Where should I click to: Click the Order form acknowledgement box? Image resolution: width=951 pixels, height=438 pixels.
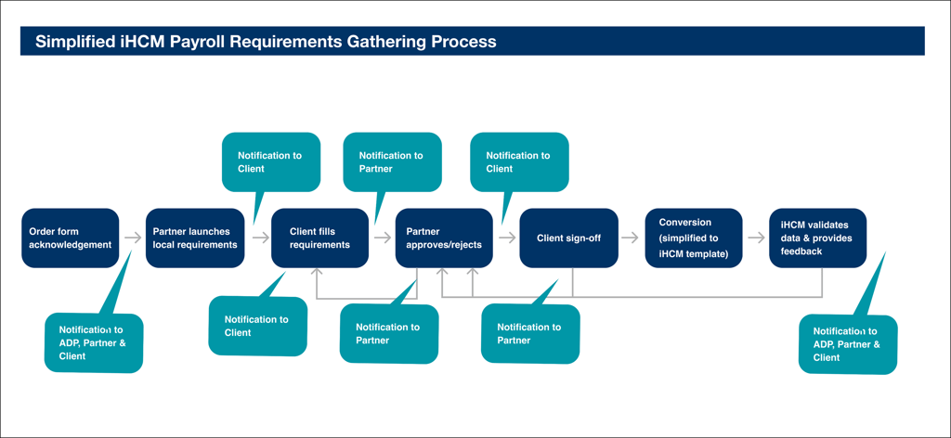71,238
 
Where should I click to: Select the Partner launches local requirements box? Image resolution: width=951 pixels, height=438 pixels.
195,238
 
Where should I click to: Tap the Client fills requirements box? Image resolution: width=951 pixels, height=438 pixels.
319,238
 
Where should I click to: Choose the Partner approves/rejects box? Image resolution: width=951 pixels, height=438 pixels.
444,238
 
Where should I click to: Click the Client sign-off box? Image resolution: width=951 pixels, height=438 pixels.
569,238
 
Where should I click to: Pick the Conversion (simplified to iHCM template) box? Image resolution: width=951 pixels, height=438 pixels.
694,238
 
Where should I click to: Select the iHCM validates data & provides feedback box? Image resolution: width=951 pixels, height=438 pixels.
817,238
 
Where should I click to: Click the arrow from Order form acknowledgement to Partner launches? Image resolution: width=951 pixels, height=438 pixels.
133,238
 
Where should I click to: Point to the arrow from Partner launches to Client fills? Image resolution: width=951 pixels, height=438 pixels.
261,238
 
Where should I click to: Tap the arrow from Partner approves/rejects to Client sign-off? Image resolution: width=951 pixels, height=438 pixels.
507,238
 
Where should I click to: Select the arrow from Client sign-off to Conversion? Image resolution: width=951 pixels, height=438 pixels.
631,238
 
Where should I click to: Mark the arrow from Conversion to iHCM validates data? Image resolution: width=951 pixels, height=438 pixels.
756,238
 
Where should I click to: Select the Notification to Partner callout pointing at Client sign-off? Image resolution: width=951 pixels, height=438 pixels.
530,332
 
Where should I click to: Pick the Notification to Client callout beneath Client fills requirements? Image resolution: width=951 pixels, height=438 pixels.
258,324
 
